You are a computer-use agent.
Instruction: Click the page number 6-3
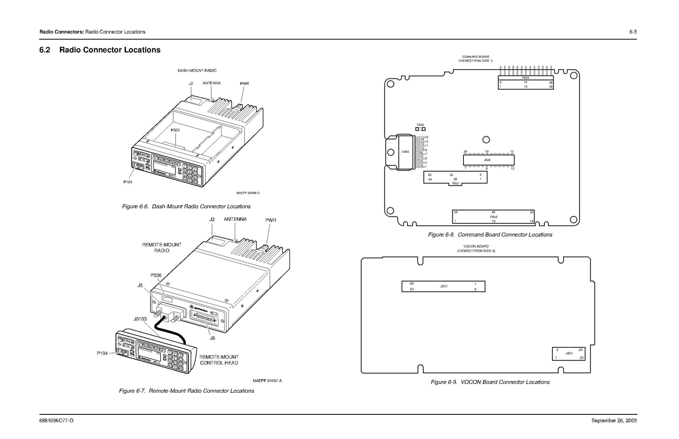[633, 32]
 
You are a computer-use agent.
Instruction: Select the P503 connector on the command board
[525, 82]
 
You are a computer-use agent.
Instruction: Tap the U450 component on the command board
[405, 152]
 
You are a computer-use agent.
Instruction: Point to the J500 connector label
[487, 160]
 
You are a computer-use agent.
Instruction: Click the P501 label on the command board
[455, 184]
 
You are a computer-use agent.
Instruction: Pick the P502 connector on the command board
[494, 217]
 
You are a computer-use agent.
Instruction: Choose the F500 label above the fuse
[420, 125]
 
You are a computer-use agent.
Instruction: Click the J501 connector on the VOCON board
[443, 286]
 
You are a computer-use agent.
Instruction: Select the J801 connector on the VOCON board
[569, 353]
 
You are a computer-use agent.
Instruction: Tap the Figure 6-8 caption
[490, 235]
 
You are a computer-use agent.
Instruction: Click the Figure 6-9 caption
[490, 382]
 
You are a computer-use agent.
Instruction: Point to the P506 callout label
[156, 275]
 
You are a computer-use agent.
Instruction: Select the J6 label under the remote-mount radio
[212, 338]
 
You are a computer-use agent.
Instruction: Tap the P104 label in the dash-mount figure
[128, 182]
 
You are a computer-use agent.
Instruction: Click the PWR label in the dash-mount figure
[244, 84]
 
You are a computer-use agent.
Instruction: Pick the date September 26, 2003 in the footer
[614, 421]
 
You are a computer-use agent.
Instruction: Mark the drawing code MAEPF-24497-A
[267, 380]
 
